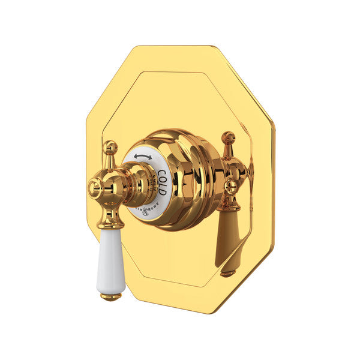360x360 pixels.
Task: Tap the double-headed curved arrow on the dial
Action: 142,157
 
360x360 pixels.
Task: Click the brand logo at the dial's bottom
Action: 146,206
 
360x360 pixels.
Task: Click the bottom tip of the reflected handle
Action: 227,274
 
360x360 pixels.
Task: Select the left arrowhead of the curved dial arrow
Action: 136,158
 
